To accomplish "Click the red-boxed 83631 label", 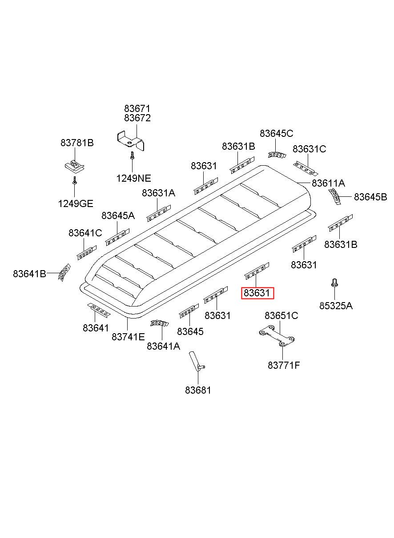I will tap(257, 293).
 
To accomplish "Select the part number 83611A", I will tap(328, 183).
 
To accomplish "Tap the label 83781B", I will tap(77, 143).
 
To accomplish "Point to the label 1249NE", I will tap(133, 178).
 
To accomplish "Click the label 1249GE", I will tap(75, 203).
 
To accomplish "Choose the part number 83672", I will tap(137, 118).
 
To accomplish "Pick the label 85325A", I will tap(336, 305).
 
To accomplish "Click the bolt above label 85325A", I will tap(334, 283).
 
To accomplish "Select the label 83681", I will tap(198, 390).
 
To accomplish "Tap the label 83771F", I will tap(284, 365).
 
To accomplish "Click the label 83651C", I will tap(281, 315).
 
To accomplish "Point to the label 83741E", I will tap(128, 337).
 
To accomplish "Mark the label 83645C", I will tap(277, 133).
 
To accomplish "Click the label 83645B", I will tap(370, 197).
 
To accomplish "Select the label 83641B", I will tap(29, 274).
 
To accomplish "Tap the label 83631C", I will tap(309, 149).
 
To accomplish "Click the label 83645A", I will tap(118, 215).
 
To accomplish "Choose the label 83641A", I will tap(163, 346).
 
